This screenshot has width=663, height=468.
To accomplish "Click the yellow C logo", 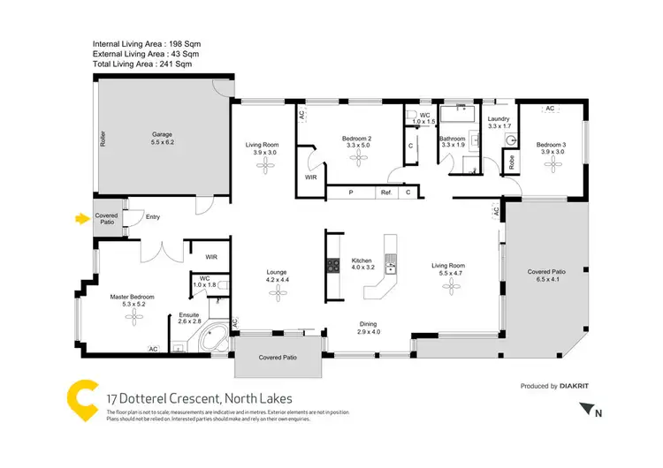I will [x=81, y=403].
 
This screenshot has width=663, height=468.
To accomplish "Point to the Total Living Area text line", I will [x=141, y=64].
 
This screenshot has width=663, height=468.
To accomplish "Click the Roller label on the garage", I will [x=103, y=139].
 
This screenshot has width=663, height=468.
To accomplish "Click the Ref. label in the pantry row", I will [x=385, y=192].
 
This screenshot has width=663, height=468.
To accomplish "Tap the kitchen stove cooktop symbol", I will [x=333, y=264].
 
